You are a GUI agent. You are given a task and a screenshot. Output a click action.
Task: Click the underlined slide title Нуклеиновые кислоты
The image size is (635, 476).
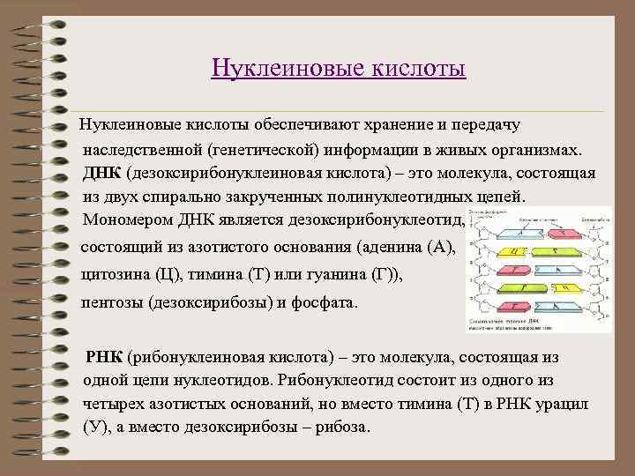(x=339, y=68)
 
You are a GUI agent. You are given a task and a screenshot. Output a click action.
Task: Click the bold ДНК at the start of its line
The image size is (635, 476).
(x=103, y=173)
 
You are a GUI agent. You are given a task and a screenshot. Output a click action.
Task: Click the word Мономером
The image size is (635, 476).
(x=125, y=219)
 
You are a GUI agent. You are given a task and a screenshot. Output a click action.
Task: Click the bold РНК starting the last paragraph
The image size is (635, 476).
(x=105, y=359)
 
